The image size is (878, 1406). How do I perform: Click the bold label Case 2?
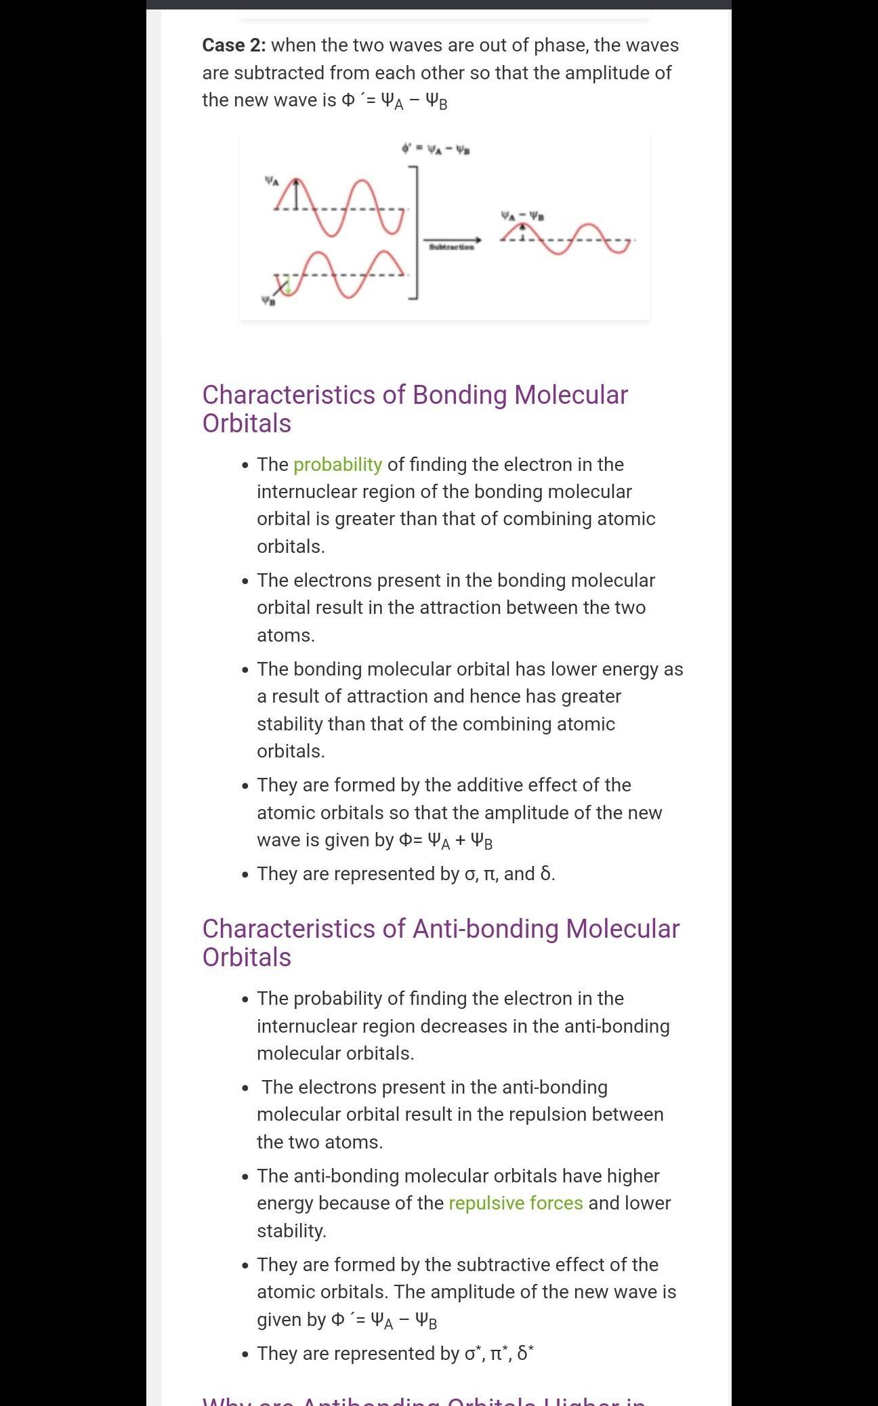click(234, 45)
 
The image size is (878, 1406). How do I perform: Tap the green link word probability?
click(337, 465)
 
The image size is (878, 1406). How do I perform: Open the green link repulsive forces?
click(516, 1203)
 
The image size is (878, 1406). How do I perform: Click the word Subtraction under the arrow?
click(451, 248)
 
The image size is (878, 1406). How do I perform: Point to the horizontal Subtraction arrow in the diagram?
click(452, 240)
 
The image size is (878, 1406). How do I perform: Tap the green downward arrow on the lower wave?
click(287, 286)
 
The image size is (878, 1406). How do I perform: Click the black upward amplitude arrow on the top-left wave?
click(296, 194)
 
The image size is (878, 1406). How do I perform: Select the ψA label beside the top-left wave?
click(271, 181)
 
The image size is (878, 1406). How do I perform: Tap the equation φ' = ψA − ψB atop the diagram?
click(436, 149)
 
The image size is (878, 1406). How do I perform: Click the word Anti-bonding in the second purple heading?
click(486, 929)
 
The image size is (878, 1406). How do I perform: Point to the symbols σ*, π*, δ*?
click(499, 1354)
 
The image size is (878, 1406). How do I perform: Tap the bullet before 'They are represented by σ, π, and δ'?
click(245, 875)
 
